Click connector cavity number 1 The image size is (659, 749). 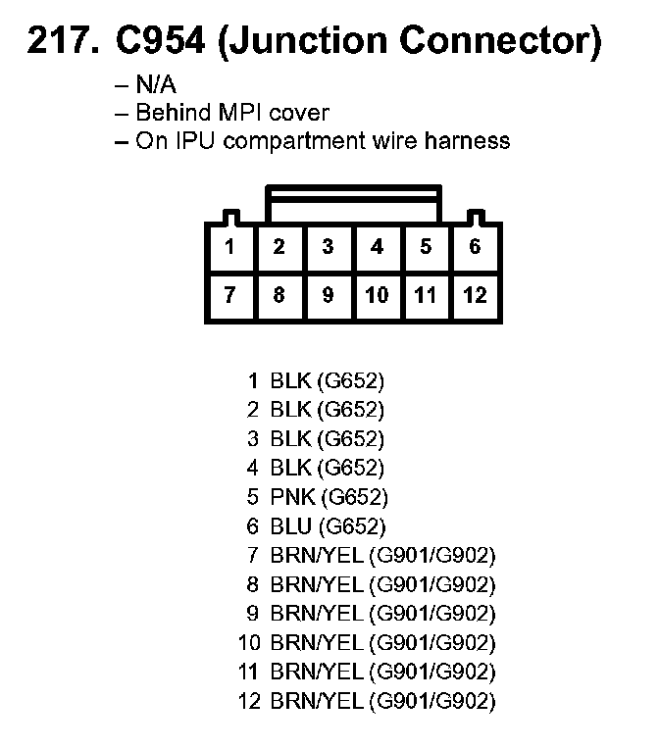229,247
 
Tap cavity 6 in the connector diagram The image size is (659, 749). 475,247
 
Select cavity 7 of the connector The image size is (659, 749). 229,295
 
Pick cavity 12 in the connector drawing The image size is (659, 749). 475,295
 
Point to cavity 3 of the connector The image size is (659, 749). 328,247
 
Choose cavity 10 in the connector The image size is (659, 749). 377,295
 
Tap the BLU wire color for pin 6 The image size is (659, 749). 291,526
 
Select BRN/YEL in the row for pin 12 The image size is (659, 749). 317,702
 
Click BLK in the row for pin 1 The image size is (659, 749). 291,379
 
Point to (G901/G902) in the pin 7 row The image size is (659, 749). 432,556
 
